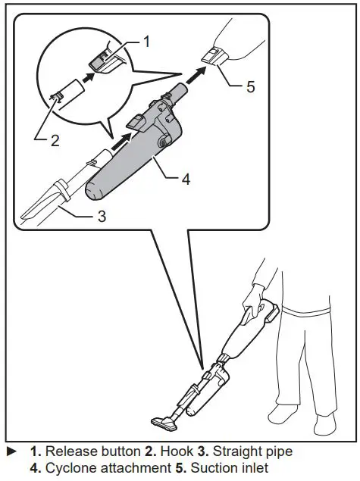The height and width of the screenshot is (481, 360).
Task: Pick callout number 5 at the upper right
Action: tap(249, 86)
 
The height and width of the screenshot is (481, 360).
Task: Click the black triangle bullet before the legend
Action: tap(11, 451)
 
